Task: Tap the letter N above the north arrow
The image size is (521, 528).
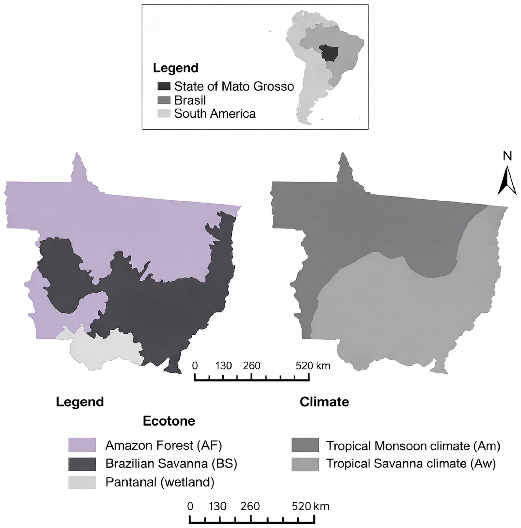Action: (507, 156)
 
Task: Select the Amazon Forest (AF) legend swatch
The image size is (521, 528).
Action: (82, 445)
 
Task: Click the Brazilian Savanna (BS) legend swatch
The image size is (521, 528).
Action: (82, 464)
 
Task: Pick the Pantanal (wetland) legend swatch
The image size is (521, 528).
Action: (82, 482)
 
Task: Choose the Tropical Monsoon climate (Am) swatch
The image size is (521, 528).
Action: (305, 445)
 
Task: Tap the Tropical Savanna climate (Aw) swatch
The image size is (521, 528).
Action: (305, 464)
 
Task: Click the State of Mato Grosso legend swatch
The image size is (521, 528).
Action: (164, 86)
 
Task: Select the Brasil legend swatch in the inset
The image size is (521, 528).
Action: (164, 100)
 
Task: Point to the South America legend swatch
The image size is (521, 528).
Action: (164, 113)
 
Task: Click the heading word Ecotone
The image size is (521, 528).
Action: (169, 421)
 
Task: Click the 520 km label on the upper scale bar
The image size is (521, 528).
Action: (312, 366)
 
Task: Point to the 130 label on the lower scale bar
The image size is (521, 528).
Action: (218, 507)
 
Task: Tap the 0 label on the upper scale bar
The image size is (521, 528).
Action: (195, 366)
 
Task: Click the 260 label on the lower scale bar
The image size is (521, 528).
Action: (250, 507)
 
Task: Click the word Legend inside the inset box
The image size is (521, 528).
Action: (175, 68)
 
